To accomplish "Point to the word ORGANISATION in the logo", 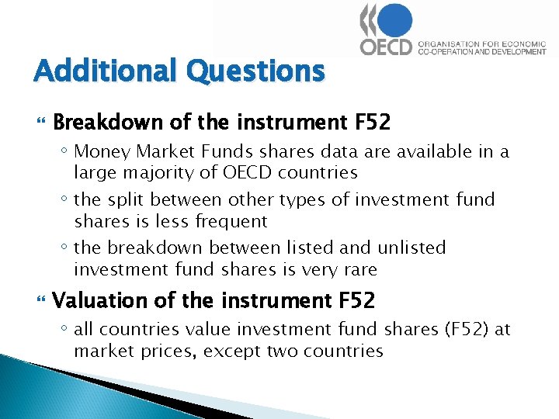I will [448, 44].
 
